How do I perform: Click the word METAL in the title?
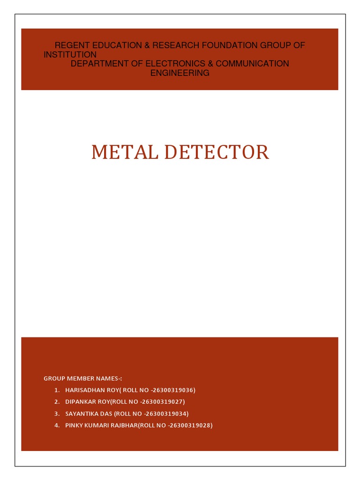pyautogui.click(x=120, y=152)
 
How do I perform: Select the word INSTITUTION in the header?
pyautogui.click(x=70, y=54)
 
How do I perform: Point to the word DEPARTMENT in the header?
pyautogui.click(x=99, y=63)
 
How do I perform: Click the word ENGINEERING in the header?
pyautogui.click(x=180, y=73)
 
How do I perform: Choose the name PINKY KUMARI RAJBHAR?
pyautogui.click(x=104, y=426)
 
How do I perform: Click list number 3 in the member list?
pyautogui.click(x=56, y=413)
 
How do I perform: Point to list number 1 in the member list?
pyautogui.click(x=56, y=390)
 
